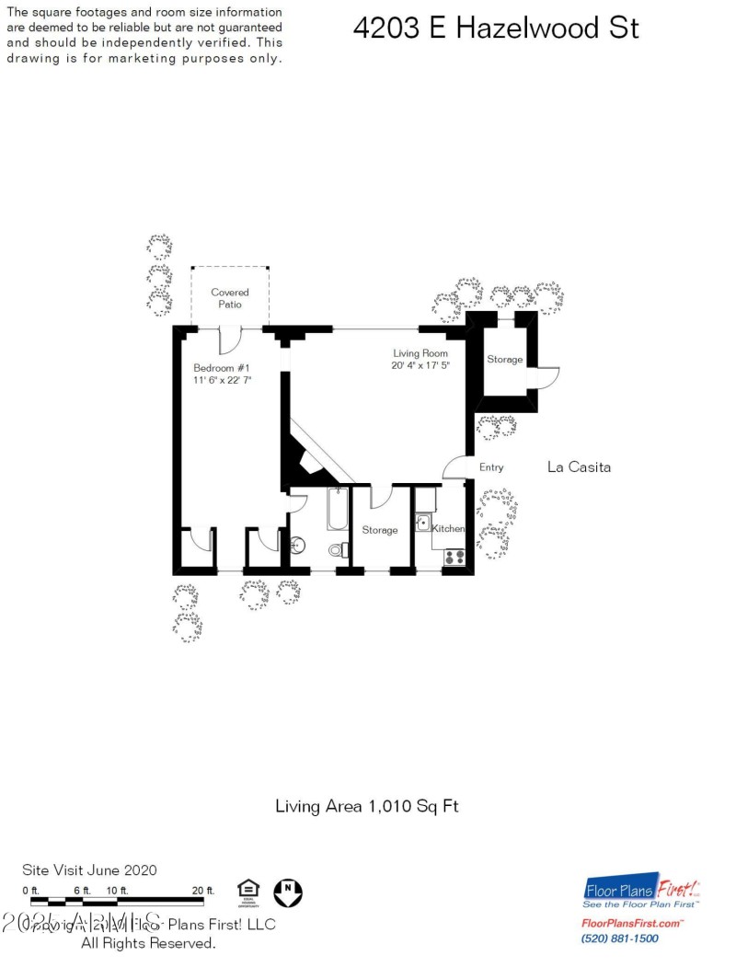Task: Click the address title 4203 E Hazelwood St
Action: point(495,29)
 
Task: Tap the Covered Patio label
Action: point(230,298)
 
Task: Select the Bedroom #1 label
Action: point(215,367)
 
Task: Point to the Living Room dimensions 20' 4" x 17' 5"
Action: point(420,365)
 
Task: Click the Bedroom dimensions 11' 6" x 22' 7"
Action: point(223,379)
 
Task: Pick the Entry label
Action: point(491,467)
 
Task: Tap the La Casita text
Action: point(579,467)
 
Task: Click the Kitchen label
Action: point(448,529)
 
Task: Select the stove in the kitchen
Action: point(454,556)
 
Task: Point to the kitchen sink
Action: point(423,523)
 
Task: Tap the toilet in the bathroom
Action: point(339,550)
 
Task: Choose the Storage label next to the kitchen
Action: point(379,530)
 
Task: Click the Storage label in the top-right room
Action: point(504,359)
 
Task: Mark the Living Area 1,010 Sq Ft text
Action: point(367,806)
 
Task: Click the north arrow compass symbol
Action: point(288,891)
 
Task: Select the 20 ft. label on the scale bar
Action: point(202,890)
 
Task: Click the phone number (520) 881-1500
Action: point(619,938)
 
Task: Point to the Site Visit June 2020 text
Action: point(89,869)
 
